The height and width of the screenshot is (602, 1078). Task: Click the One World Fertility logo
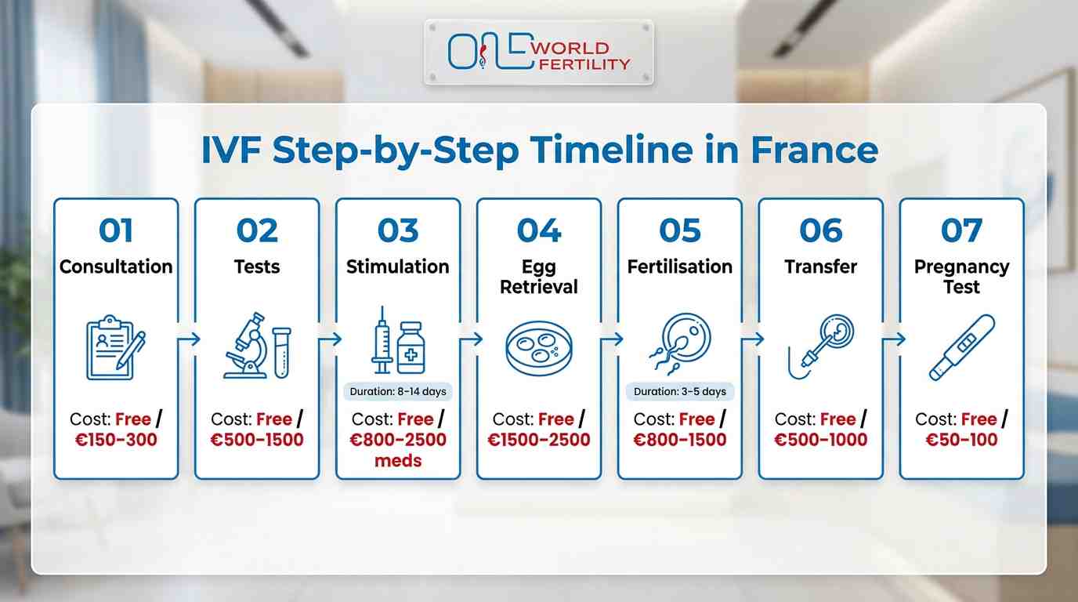(x=538, y=53)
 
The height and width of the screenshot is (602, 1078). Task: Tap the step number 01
(x=116, y=231)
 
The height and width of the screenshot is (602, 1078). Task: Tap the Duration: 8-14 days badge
(x=398, y=391)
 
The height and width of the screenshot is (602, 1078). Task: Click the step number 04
(x=539, y=231)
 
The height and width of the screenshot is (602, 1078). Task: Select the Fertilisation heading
(x=679, y=267)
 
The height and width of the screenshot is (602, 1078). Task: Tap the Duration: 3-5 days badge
(x=679, y=391)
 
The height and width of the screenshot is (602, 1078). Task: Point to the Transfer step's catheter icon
(x=820, y=346)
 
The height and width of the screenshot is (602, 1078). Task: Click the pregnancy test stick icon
(x=961, y=347)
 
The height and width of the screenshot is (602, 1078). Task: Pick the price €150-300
(x=116, y=440)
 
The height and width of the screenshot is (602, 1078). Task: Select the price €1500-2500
(x=539, y=440)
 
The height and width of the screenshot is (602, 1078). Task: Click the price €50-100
(x=961, y=440)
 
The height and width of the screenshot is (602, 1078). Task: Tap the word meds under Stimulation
(x=398, y=460)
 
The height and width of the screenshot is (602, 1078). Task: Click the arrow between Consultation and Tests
(x=187, y=339)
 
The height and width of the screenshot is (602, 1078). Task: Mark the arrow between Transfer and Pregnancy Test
(x=892, y=339)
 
